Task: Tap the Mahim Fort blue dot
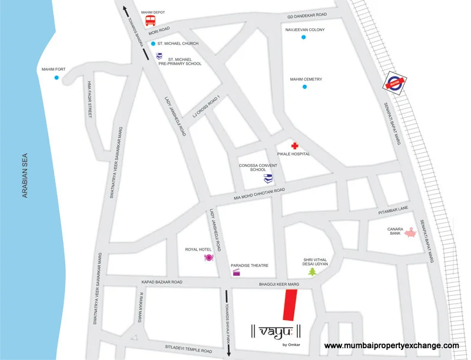[x=57, y=78]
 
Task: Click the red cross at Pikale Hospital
[x=295, y=145]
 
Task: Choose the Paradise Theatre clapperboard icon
[x=237, y=272]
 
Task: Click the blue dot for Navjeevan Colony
[x=304, y=38]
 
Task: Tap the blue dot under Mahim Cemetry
[x=304, y=87]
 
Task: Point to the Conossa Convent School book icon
[x=268, y=178]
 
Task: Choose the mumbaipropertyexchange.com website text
[x=392, y=346]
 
